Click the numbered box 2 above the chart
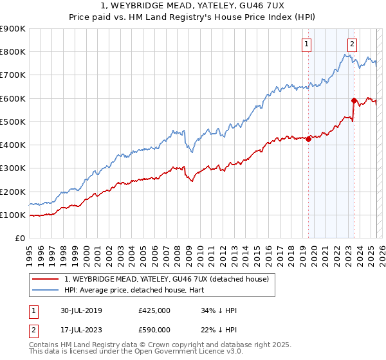coord(353,44)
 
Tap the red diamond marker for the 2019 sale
coord(308,138)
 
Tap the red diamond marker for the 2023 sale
coord(354,100)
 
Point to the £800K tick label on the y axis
coord(13,51)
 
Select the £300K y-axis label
coord(13,168)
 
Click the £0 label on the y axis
coord(19,239)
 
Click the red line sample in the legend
coord(45,278)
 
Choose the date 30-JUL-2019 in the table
coord(88,310)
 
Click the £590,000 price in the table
coord(154,330)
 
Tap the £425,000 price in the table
coord(154,310)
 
